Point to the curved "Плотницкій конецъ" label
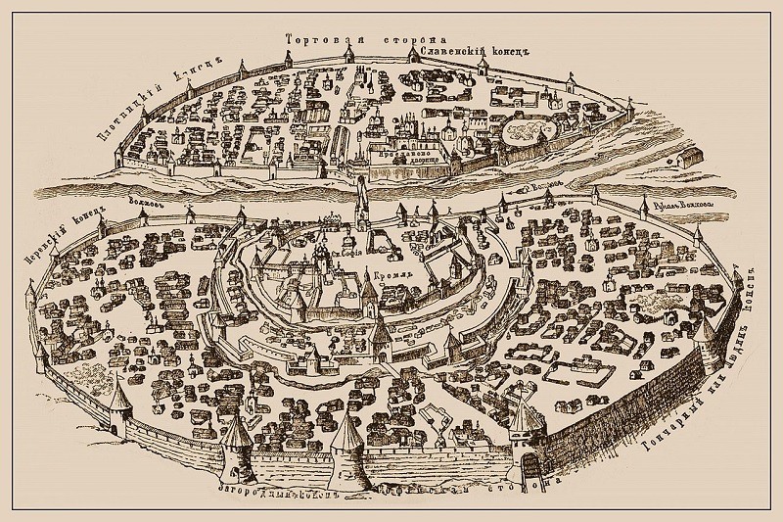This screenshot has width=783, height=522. (158, 94)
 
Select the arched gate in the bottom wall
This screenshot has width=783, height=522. (534, 459)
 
